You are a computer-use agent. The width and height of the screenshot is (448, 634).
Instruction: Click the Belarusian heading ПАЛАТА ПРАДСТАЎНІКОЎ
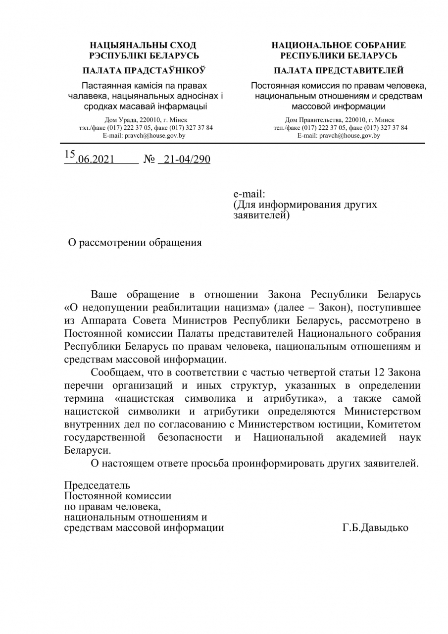coord(144,70)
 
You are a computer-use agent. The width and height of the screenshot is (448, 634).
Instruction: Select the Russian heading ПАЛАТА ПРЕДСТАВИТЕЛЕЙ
coord(339,70)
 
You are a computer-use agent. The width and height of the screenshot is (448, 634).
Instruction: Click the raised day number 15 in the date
coord(70,154)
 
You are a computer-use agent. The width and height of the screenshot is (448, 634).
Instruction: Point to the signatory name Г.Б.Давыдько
coord(375,528)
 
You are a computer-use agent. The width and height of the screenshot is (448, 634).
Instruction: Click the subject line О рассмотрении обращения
coord(135,243)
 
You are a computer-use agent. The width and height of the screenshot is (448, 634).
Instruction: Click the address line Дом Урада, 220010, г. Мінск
coord(146,120)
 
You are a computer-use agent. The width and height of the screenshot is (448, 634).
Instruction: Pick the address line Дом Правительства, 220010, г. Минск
coord(340,120)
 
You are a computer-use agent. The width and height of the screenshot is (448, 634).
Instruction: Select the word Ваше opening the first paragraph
coord(105,295)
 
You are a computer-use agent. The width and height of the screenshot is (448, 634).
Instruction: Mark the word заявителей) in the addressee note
coord(260,216)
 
